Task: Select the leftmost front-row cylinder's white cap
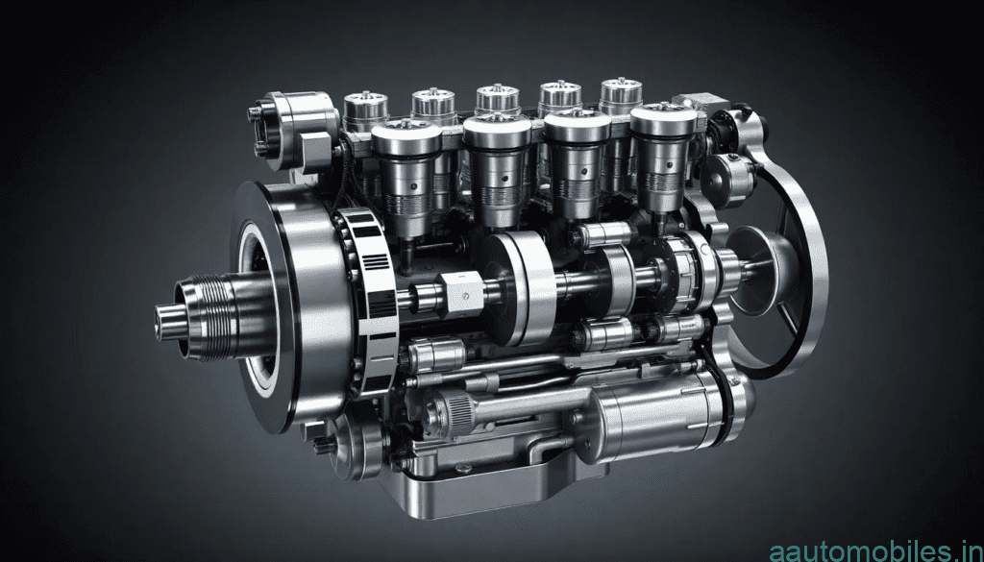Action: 406,138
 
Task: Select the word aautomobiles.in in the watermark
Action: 874,550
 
